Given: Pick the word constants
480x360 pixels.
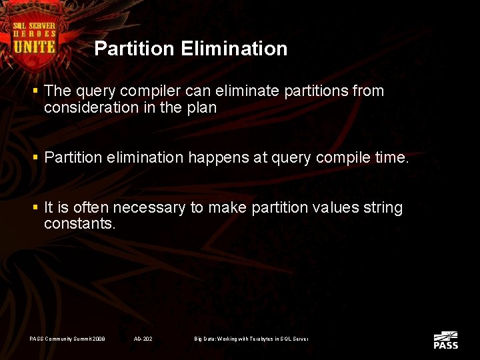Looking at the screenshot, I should pyautogui.click(x=79, y=225).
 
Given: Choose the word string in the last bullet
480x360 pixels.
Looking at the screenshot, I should pyautogui.click(x=382, y=208).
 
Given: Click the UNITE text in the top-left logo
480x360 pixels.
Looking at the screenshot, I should pyautogui.click(x=35, y=47).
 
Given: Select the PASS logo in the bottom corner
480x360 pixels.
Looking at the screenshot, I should pyautogui.click(x=445, y=340).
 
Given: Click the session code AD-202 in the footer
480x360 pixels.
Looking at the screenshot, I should pyautogui.click(x=143, y=339).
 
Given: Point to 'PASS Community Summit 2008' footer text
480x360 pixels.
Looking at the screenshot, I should pyautogui.click(x=67, y=339).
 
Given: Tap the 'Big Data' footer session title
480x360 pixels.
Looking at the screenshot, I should pyautogui.click(x=251, y=339).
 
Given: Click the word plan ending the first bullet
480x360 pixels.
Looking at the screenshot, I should pyautogui.click(x=202, y=108).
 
